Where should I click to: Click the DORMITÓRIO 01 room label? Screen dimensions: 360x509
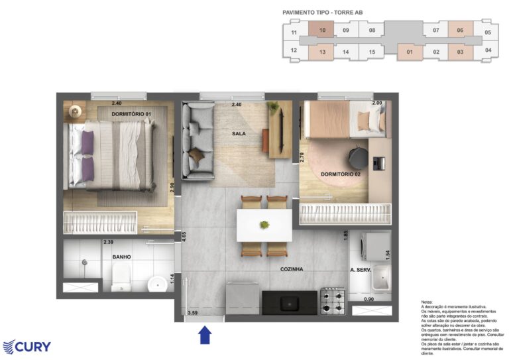point(131,114)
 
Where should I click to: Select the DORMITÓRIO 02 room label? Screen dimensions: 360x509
point(341,174)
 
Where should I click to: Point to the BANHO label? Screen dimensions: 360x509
point(121,257)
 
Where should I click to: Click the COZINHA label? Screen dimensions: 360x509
point(292,269)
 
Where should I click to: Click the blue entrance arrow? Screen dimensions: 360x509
point(205,335)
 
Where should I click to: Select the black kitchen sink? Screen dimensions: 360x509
point(290,302)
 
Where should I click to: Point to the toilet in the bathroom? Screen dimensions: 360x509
point(121,277)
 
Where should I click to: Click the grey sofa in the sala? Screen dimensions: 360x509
point(198,140)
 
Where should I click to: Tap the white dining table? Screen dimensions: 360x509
point(264,225)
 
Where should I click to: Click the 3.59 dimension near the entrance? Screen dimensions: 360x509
point(193,312)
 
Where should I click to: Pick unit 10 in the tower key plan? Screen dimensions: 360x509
point(321,30)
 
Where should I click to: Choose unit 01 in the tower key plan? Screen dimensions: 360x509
point(410,52)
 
